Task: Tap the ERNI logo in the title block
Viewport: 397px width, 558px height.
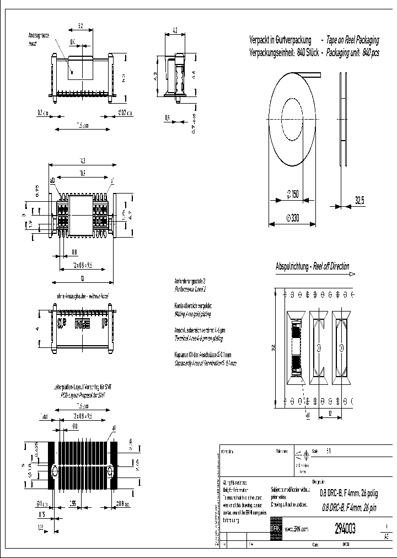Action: click(275, 528)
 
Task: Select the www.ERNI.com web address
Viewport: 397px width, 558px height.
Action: click(296, 529)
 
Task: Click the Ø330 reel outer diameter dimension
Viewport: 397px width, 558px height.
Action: click(292, 218)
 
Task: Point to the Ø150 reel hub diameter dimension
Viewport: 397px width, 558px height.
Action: click(292, 194)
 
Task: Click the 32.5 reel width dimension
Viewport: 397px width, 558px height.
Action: click(360, 201)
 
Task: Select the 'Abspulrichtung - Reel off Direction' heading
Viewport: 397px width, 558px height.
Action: click(312, 266)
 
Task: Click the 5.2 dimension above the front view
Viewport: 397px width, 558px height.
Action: click(80, 26)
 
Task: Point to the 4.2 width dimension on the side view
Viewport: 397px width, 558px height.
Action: click(174, 31)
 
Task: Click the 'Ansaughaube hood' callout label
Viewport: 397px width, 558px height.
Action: click(39, 38)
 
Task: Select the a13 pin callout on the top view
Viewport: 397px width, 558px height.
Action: click(53, 180)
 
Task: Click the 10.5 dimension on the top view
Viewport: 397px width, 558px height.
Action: click(82, 173)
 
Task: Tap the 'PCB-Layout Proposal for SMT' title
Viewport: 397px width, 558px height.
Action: click(82, 395)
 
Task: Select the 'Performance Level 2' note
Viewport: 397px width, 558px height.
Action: click(190, 289)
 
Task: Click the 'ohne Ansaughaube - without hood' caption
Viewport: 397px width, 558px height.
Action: click(83, 296)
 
